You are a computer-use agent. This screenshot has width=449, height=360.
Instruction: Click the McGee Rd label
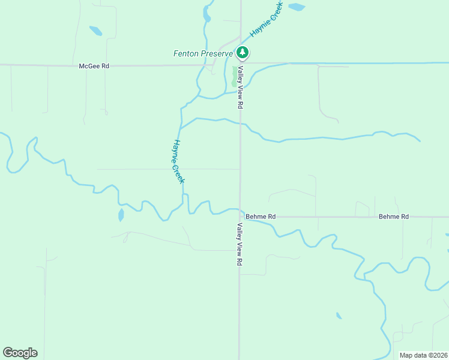(x=94, y=66)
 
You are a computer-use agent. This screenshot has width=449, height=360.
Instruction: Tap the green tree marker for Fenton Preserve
(x=242, y=53)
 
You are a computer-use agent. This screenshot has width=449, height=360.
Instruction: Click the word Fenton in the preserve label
(x=186, y=53)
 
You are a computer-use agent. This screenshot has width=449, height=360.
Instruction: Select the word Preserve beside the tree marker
(x=217, y=53)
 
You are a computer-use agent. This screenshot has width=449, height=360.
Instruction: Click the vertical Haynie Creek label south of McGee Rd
(x=178, y=161)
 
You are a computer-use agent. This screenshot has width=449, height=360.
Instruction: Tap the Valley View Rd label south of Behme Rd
(x=240, y=244)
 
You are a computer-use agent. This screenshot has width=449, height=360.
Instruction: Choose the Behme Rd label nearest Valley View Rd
(x=261, y=216)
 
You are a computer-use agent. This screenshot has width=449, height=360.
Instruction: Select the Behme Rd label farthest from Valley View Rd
(x=394, y=216)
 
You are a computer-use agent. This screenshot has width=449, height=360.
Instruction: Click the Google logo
(x=20, y=353)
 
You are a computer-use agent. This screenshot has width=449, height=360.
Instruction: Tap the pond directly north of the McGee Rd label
(x=95, y=31)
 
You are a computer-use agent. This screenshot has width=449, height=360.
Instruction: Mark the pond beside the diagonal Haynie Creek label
(x=296, y=7)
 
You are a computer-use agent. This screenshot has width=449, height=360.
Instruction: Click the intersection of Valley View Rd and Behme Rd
(x=240, y=216)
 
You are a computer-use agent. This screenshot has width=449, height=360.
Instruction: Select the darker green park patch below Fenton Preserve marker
(x=234, y=77)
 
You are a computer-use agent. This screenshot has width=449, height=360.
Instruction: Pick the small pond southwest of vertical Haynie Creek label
(x=121, y=215)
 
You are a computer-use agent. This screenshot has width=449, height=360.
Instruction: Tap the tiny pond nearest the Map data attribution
(x=339, y=316)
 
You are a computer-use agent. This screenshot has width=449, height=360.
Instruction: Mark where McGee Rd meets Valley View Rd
(x=241, y=64)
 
